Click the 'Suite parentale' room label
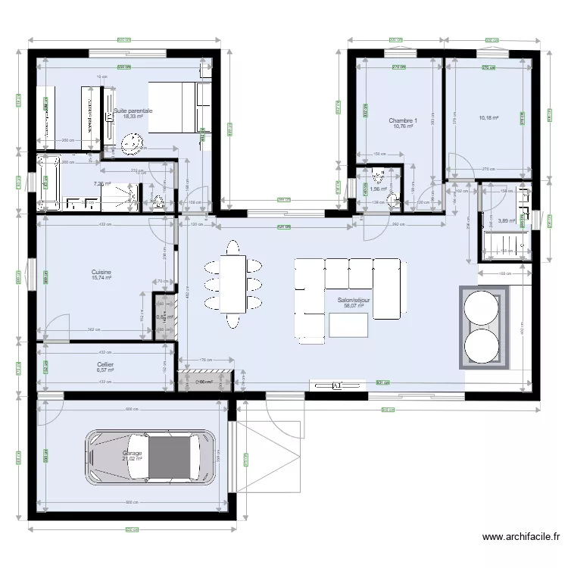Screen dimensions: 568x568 coord(133,111)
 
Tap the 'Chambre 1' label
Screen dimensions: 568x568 coord(403,120)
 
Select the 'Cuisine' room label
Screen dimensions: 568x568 coord(101,272)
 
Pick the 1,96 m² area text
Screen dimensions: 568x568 coord(378,190)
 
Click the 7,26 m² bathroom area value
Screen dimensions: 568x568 coord(102,184)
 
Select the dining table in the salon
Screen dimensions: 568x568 coord(233,284)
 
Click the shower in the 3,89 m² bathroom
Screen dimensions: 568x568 coord(505,244)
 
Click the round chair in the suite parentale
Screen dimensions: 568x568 coord(133,142)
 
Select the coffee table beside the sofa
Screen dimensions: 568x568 coord(348,325)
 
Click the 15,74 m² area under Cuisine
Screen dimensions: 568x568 coord(101,279)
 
